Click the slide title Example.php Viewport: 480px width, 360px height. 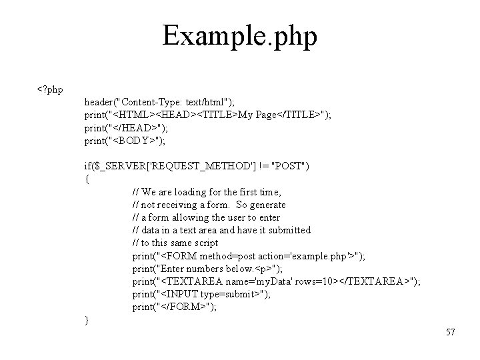239,36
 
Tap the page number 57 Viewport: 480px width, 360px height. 450,332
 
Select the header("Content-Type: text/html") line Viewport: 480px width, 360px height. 159,102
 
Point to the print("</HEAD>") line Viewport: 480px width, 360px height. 126,127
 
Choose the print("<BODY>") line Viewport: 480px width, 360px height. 126,140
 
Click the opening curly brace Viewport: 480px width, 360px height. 87,179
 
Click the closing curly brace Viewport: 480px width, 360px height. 87,320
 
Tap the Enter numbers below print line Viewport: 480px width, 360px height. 207,269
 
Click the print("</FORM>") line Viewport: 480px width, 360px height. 174,307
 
